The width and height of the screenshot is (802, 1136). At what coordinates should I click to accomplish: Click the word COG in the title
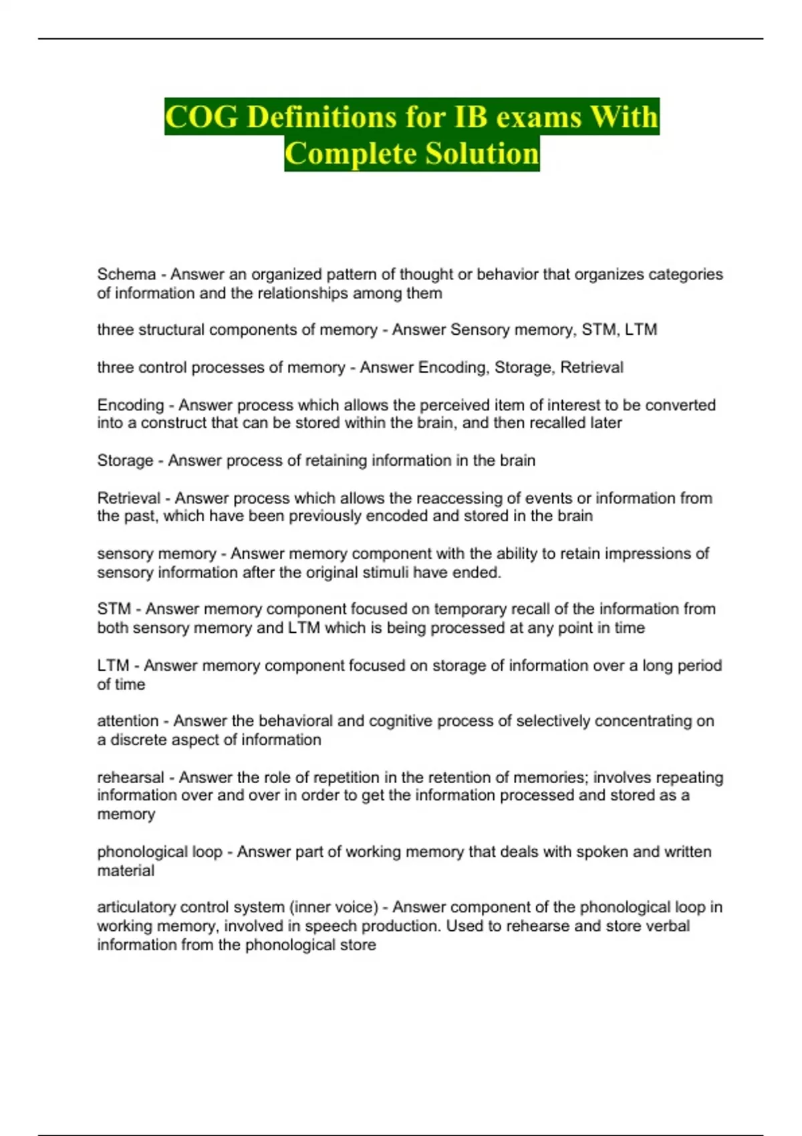201,117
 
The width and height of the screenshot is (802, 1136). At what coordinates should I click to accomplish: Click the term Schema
126,275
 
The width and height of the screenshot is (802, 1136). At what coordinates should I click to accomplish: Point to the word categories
686,275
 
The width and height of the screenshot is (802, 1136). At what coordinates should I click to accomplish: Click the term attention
128,722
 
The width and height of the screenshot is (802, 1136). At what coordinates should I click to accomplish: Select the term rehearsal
130,778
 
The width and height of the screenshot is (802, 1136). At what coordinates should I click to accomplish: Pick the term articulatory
136,907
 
